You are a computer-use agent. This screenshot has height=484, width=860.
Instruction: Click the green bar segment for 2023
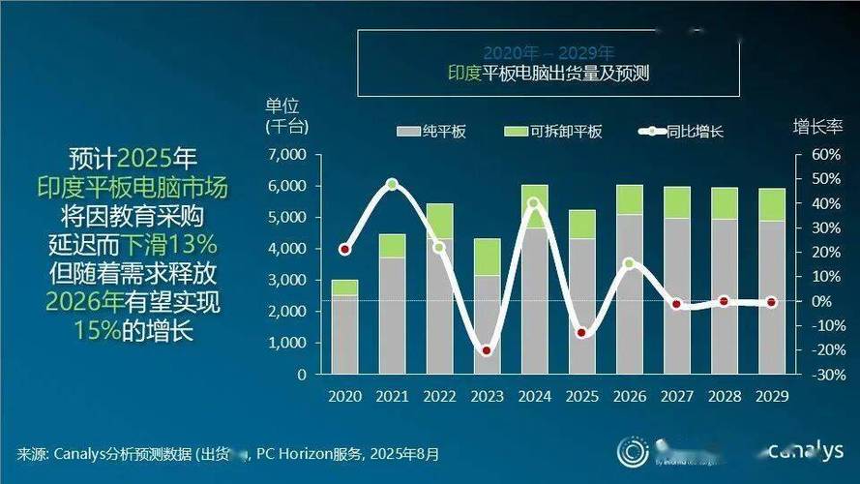(487, 257)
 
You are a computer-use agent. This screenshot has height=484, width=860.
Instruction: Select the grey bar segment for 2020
(344, 334)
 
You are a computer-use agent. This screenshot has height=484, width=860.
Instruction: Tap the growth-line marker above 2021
(392, 184)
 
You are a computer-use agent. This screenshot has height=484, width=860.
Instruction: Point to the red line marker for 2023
(487, 350)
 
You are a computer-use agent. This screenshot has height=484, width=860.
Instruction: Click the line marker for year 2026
(629, 263)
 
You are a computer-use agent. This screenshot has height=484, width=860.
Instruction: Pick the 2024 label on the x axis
(534, 396)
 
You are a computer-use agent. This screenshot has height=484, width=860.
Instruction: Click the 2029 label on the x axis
(771, 396)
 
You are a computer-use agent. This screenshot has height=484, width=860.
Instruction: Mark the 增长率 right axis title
(818, 126)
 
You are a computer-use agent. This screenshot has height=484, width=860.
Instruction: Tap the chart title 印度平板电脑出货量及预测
(547, 72)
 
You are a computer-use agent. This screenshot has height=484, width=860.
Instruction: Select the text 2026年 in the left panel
(82, 301)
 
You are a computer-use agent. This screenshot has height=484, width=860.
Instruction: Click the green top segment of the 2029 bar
(771, 204)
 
